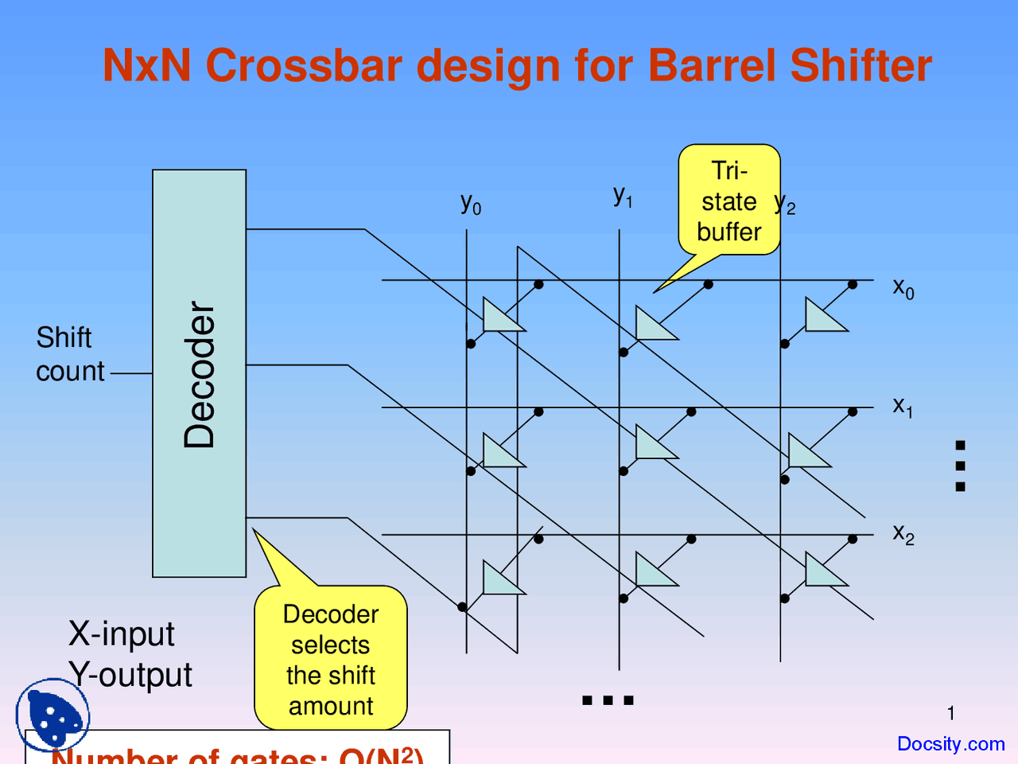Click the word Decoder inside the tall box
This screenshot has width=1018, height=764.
(200, 375)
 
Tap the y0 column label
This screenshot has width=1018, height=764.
(470, 203)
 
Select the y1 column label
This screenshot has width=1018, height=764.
(623, 195)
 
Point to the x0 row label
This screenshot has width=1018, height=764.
(903, 287)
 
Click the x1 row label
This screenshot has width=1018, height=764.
(903, 407)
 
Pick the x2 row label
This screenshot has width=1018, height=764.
(903, 533)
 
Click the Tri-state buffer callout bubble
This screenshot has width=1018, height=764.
(729, 201)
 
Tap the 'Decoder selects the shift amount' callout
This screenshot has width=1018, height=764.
(331, 659)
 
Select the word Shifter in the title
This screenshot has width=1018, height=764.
(861, 65)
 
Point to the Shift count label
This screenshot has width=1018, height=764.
(70, 354)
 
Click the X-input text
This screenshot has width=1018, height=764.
(121, 634)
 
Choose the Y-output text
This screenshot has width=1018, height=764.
(130, 675)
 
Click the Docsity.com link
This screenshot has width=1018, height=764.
(950, 744)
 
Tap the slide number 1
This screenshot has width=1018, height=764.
(950, 713)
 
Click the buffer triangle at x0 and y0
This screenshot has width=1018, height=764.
(501, 317)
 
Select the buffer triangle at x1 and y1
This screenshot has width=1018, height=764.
(654, 444)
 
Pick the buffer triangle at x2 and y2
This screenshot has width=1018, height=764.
(823, 571)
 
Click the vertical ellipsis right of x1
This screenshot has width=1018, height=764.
(960, 466)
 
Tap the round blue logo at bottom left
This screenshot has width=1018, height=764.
(52, 714)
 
